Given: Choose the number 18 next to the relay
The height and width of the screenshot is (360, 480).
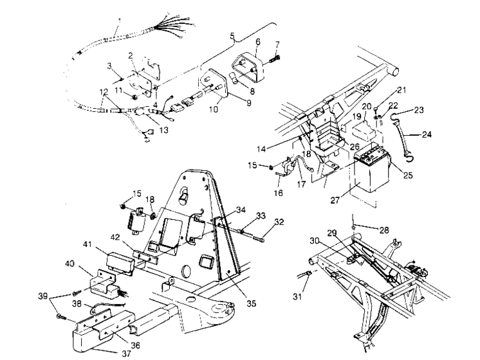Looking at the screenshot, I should pyautogui.click(x=150, y=199).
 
